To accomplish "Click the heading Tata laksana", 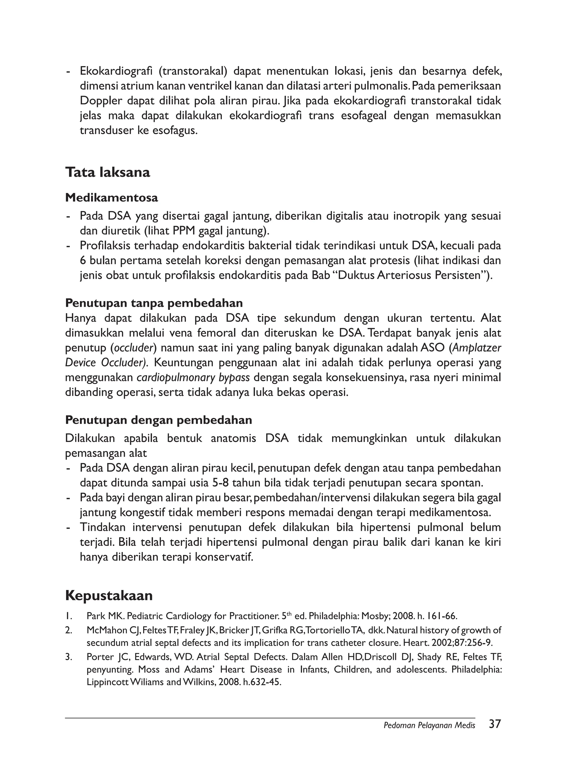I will (108, 172).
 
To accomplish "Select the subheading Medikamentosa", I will (112, 198).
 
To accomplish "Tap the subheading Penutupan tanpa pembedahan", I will (154, 303).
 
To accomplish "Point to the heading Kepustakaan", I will (109, 595).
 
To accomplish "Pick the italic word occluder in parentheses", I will (133, 348).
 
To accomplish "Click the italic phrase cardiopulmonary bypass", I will (193, 378).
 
